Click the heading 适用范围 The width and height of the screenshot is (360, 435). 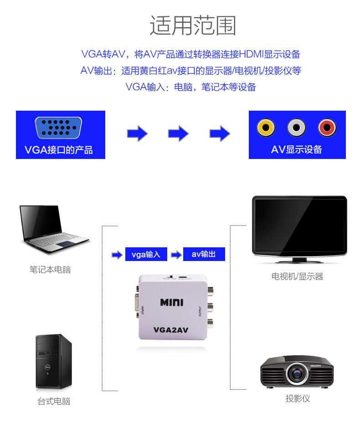(193, 26)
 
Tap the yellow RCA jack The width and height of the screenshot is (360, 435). (266, 128)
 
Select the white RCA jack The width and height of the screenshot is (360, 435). (297, 128)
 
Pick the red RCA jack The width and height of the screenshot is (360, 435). (327, 128)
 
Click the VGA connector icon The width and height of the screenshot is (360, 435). (58, 128)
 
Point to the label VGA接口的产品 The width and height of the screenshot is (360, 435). (59, 150)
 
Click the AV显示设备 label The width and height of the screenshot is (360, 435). (297, 150)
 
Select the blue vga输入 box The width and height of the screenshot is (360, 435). (146, 255)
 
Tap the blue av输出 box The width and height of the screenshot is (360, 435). (204, 254)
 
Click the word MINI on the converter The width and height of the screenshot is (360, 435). (171, 302)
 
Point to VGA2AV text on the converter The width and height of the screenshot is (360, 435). (171, 329)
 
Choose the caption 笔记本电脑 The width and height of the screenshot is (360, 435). (50, 270)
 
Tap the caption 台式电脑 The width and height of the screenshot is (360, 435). (54, 402)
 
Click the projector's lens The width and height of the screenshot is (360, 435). (297, 374)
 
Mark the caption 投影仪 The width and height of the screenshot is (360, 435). (298, 399)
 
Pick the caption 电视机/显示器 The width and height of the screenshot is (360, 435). (297, 276)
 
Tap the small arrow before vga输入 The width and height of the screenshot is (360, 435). (117, 255)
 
